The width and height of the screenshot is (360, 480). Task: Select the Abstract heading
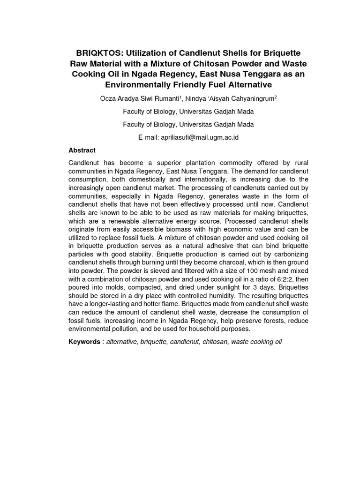[x=82, y=150]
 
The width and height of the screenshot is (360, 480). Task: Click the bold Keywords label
[x=84, y=342]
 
